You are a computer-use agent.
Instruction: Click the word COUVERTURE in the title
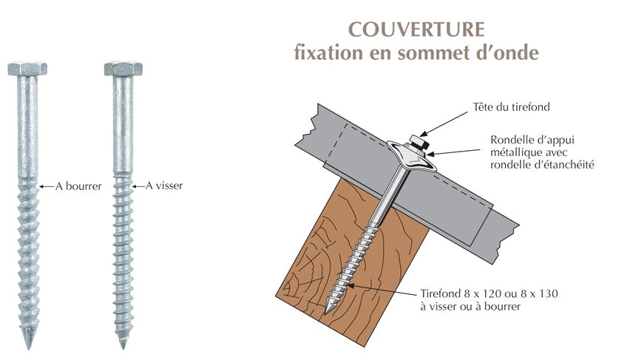pyautogui.click(x=416, y=30)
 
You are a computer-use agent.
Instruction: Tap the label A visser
pyautogui.click(x=164, y=186)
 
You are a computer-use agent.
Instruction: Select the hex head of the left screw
pyautogui.click(x=27, y=69)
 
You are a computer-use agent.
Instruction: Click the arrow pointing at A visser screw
pyautogui.click(x=138, y=186)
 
